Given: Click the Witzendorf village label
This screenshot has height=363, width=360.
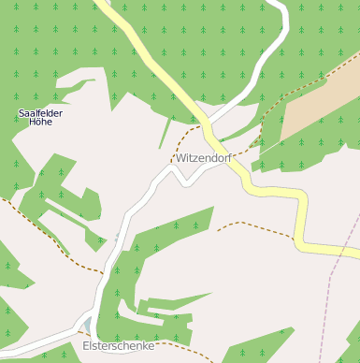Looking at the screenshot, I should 203,158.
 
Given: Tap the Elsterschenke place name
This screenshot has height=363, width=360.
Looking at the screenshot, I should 118,345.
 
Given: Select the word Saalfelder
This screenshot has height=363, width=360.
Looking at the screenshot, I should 40,113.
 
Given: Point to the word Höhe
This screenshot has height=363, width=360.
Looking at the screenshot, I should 40,122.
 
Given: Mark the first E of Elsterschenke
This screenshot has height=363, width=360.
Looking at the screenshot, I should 86,345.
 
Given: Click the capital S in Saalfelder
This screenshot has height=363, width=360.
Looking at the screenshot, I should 22,113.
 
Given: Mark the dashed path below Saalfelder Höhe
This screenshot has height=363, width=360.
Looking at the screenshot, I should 47,234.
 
